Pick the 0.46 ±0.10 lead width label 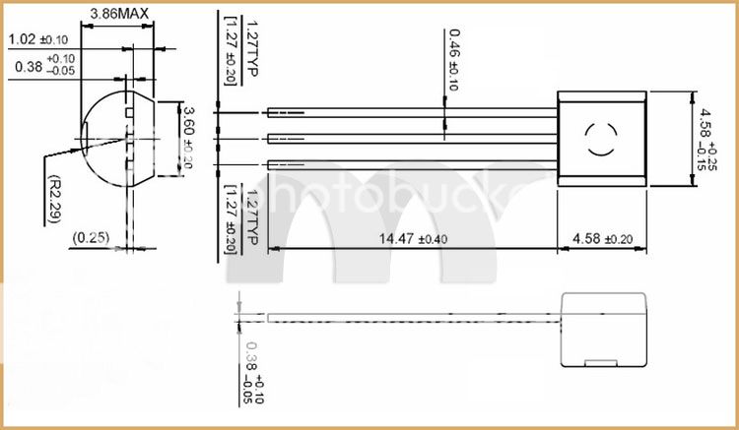[454, 59]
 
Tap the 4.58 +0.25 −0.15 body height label [707, 139]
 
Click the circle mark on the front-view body [601, 140]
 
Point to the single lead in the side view [404, 319]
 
